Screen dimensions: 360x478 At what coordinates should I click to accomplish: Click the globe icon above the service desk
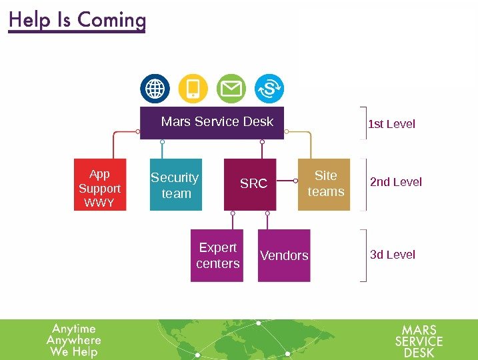(155, 89)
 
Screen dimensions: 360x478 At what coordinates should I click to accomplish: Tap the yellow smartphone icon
(193, 89)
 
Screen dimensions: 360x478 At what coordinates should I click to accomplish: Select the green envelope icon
(231, 89)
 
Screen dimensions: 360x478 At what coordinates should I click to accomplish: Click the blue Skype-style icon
(269, 89)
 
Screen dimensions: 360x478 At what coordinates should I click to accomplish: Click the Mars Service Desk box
(212, 123)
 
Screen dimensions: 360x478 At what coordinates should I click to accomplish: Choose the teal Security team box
(175, 185)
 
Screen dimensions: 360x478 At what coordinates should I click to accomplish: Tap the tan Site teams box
(324, 184)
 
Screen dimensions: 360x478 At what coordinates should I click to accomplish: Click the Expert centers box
(217, 255)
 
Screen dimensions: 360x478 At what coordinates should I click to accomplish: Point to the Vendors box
(284, 255)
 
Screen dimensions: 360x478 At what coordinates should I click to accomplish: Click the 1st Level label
(391, 124)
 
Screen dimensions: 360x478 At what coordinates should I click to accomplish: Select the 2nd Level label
(396, 182)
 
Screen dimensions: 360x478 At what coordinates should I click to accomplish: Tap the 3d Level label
(393, 255)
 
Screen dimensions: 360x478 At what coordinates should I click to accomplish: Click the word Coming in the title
(112, 20)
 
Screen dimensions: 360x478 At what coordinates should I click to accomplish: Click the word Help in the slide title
(31, 20)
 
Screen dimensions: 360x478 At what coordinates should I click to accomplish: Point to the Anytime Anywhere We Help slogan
(74, 340)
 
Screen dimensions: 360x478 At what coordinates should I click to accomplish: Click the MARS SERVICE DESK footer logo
(419, 341)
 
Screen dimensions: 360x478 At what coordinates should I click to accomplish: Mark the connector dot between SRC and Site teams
(295, 181)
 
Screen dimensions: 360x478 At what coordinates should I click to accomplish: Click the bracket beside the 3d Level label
(363, 255)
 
